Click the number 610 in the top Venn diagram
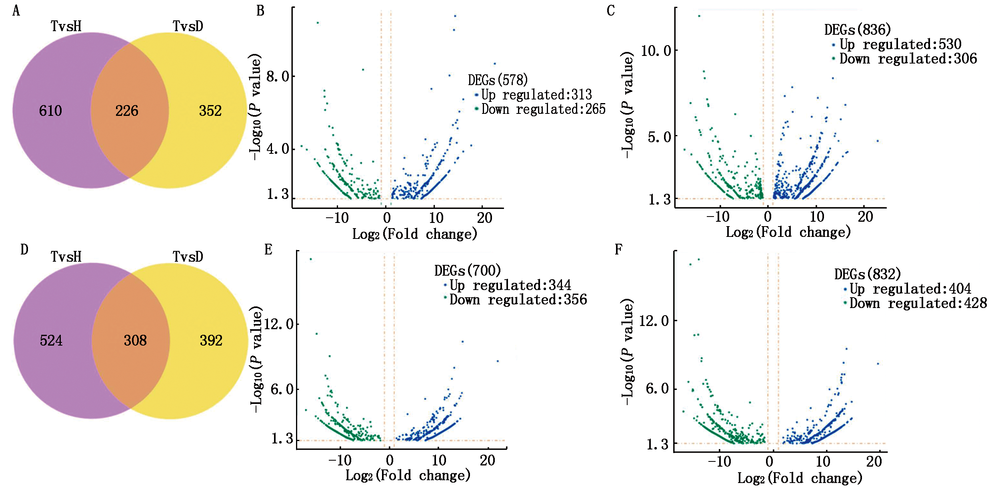point(50,111)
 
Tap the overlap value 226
point(127,111)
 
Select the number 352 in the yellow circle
point(210,111)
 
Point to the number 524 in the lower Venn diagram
point(51,340)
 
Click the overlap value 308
point(135,340)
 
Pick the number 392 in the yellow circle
point(211,340)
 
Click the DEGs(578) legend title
point(498,80)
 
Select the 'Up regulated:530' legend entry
point(900,44)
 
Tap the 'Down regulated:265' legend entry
point(543,109)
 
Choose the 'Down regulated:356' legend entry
point(518,300)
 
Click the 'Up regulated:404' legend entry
point(910,289)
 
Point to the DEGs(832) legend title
point(868,274)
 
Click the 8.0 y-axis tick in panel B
point(278,76)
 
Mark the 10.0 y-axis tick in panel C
point(656,51)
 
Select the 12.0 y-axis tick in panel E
point(279,324)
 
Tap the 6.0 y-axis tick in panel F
point(657,388)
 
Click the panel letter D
point(24,250)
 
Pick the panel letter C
point(610,11)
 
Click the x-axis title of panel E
point(408,475)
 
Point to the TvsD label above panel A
point(188,26)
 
